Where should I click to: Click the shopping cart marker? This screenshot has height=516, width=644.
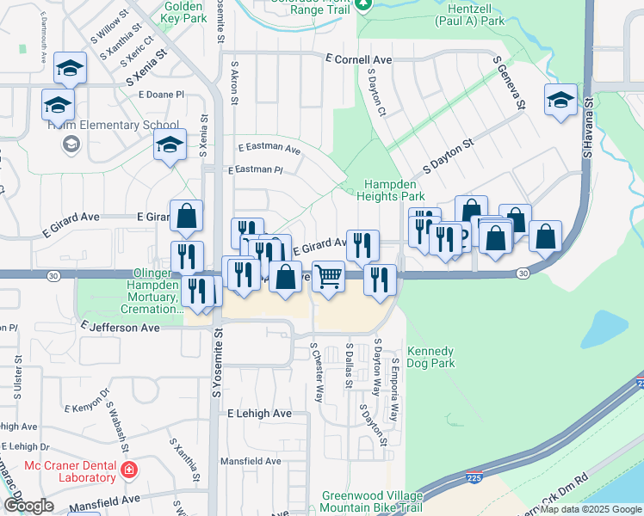328,277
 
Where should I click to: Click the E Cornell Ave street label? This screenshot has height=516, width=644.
358,59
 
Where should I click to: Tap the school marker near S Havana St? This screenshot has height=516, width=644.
560,100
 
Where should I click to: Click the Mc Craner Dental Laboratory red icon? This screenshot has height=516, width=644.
129,470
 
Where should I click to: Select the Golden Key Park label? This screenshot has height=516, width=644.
183,11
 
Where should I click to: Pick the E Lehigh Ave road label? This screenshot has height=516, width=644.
259,414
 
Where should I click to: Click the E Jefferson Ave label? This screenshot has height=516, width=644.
121,328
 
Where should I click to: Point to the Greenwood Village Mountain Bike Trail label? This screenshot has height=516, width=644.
372,502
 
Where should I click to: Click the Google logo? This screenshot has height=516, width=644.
28,507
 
